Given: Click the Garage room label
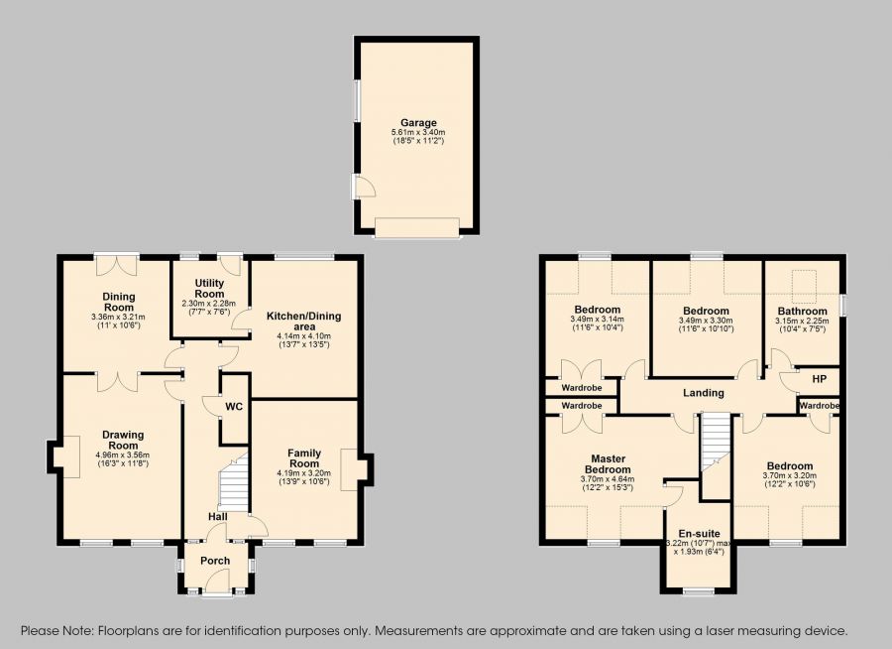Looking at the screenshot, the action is pyautogui.click(x=418, y=122).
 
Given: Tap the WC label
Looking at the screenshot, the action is pyautogui.click(x=234, y=406).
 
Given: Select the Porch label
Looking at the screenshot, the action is pyautogui.click(x=215, y=561).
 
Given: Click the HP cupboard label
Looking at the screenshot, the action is pyautogui.click(x=820, y=378).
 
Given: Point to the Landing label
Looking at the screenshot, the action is pyautogui.click(x=703, y=393).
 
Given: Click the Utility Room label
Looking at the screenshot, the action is pyautogui.click(x=209, y=289).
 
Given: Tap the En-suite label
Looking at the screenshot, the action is pyautogui.click(x=699, y=534).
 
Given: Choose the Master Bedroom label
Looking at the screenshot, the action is pyautogui.click(x=608, y=463).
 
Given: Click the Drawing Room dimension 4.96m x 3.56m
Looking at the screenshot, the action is pyautogui.click(x=123, y=455).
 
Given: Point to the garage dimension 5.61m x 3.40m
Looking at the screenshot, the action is pyautogui.click(x=418, y=132).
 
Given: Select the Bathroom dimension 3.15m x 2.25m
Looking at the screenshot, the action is pyautogui.click(x=802, y=321).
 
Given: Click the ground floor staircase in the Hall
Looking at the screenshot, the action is pyautogui.click(x=233, y=482).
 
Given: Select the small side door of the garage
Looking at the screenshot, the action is pyautogui.click(x=363, y=187).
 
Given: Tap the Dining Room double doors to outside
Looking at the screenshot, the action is pyautogui.click(x=117, y=264).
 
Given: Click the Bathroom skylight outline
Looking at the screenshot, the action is pyautogui.click(x=804, y=287).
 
